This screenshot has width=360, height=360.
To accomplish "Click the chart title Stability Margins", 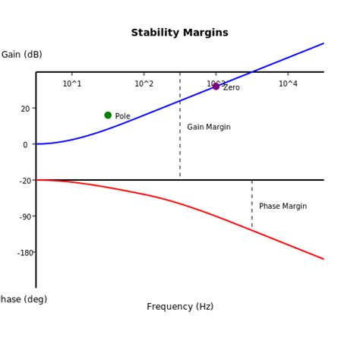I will pos(179,33).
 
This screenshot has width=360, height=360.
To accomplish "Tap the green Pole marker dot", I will pos(108,115).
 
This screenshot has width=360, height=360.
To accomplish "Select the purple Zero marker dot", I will pos(216,87).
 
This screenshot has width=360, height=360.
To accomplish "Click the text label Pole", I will pos(122,116).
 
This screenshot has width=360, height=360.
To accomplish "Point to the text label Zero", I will pos(232,88).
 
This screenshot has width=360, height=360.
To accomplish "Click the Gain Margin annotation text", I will pos(209,128).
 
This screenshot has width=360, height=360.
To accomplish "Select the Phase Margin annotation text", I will pos(283,206).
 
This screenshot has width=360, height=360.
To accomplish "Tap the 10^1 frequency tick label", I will pos(72,84).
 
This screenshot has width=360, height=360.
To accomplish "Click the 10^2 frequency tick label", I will pos(144,84).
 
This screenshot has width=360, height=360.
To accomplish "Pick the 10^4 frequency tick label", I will pos(288,84).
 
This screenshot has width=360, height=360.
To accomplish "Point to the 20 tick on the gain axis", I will pos(25,109).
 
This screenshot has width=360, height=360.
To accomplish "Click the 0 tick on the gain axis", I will pos(25,144).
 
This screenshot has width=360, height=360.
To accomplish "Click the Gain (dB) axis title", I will pos(21,55).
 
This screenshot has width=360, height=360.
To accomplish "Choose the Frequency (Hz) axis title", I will pos(180,307).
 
